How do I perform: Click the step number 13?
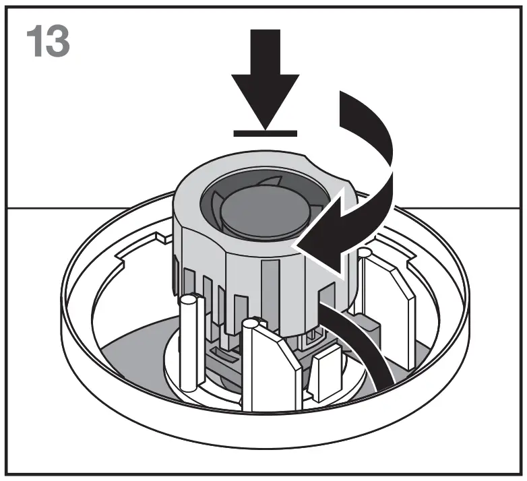47,42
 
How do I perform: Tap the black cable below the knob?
367,350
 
